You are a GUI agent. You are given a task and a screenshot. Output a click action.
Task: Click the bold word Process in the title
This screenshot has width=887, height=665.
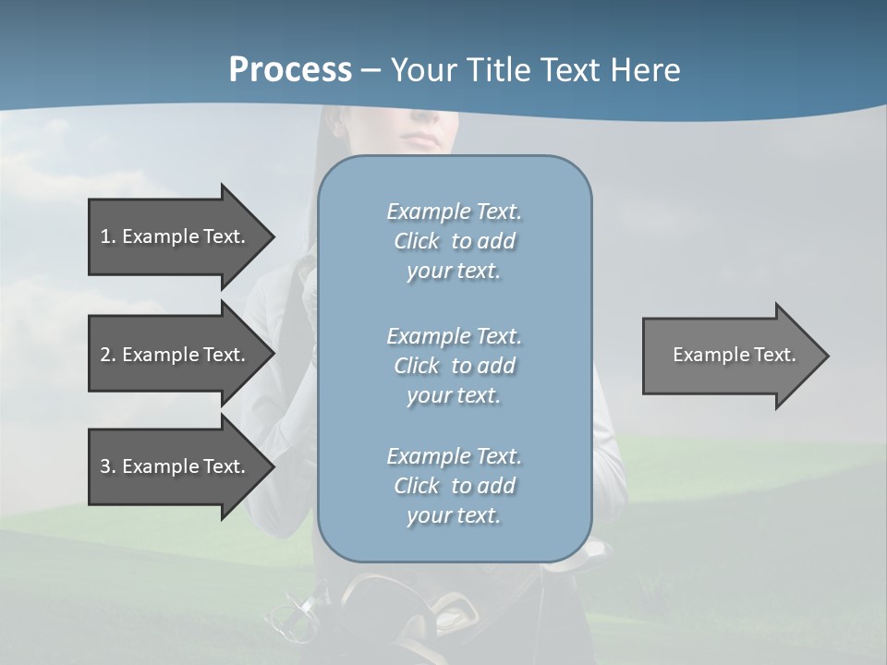tap(290, 70)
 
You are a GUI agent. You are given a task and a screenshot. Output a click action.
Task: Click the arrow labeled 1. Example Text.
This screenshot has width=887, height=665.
tap(176, 236)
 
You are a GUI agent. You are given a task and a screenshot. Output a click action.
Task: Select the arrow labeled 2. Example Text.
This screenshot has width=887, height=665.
tap(176, 355)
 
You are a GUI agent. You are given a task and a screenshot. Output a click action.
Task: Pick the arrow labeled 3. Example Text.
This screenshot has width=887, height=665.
tap(176, 466)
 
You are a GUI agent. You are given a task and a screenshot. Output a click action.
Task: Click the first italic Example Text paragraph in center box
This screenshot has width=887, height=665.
tap(454, 241)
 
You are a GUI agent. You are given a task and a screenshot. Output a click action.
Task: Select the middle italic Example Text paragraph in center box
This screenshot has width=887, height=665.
tap(454, 365)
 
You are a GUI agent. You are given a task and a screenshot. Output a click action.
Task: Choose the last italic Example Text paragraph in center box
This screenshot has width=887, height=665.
tap(454, 486)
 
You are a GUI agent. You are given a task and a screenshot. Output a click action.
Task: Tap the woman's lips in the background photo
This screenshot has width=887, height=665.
tap(422, 139)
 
